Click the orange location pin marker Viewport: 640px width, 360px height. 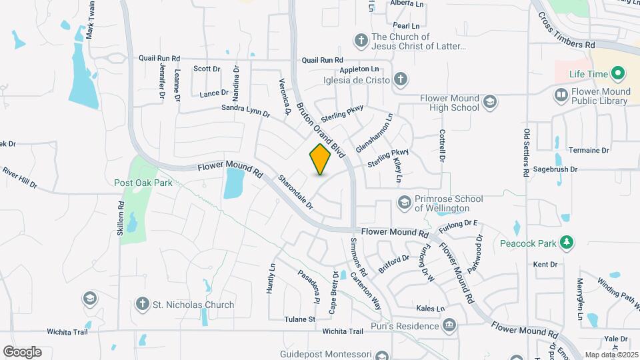[x=320, y=159]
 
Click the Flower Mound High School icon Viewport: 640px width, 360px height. [x=490, y=102]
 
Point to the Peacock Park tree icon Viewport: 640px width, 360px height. [x=567, y=243]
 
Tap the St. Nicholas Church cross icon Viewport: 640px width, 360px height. [x=141, y=305]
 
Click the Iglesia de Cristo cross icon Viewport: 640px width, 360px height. [x=400, y=80]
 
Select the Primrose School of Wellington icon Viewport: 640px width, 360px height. [x=404, y=201]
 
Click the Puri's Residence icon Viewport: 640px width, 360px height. [x=450, y=325]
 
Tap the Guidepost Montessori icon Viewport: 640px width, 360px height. [x=381, y=357]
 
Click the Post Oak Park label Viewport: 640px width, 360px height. [x=143, y=183]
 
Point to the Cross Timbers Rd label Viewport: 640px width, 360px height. [x=567, y=30]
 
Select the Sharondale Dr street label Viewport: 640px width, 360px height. [x=295, y=192]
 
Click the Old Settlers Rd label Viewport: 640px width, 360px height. [x=527, y=153]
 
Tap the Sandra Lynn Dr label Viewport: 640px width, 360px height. [x=245, y=111]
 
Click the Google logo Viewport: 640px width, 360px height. [x=22, y=352]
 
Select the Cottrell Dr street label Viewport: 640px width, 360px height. [x=441, y=147]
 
